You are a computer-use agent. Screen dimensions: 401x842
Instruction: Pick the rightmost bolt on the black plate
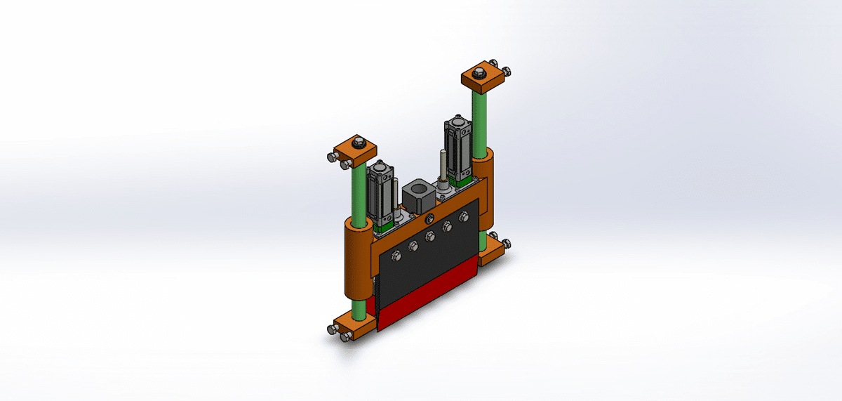[x=462, y=218]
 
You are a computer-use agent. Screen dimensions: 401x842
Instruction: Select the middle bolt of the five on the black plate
[x=429, y=237]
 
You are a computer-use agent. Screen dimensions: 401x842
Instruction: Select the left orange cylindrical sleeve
[x=358, y=260]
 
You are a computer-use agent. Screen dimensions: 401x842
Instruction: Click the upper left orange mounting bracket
[x=355, y=152]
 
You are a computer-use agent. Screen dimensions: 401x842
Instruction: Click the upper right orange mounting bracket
[x=484, y=78]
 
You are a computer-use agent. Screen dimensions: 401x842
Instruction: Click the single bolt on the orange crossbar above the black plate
[x=439, y=202]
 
